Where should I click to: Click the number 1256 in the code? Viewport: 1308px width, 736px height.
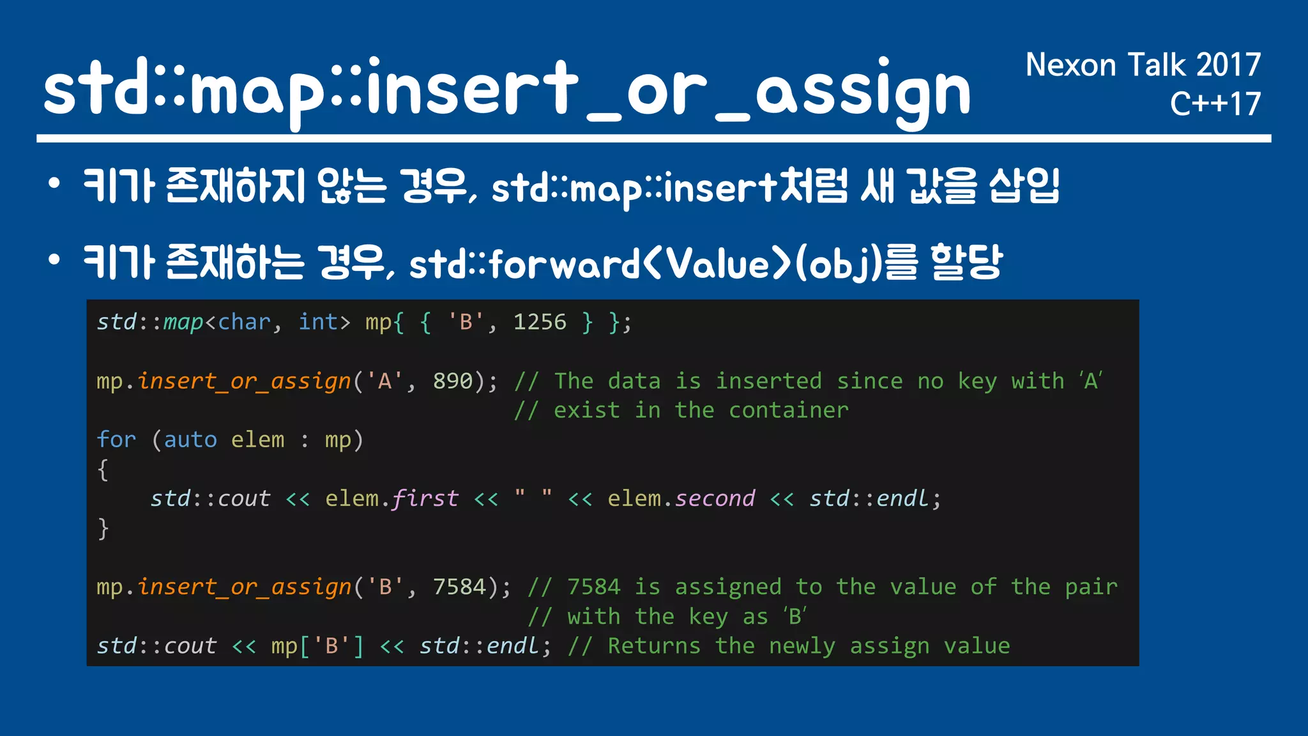pyautogui.click(x=540, y=322)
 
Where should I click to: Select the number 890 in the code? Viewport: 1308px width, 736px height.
pyautogui.click(x=453, y=381)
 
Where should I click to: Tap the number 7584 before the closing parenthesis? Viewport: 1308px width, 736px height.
pyautogui.click(x=459, y=587)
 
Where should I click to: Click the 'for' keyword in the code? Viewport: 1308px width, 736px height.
pyautogui.click(x=116, y=440)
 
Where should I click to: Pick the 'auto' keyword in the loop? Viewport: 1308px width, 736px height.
pyautogui.click(x=190, y=440)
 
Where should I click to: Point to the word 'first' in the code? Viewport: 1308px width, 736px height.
pyautogui.click(x=425, y=499)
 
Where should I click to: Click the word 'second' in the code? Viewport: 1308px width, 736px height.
pyautogui.click(x=715, y=499)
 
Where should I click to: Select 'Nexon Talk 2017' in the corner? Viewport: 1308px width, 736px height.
pyautogui.click(x=1143, y=65)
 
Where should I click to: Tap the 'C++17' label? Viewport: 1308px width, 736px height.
pyautogui.click(x=1215, y=104)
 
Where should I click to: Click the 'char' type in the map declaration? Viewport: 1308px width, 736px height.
pyautogui.click(x=245, y=322)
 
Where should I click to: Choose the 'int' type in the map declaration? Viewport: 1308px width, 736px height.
pyautogui.click(x=318, y=322)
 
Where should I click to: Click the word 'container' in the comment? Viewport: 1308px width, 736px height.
pyautogui.click(x=789, y=411)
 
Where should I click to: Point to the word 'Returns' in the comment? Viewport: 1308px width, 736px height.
pyautogui.click(x=654, y=647)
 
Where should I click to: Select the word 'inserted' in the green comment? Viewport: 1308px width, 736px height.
pyautogui.click(x=768, y=381)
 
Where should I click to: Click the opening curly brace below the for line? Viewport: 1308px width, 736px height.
pyautogui.click(x=103, y=470)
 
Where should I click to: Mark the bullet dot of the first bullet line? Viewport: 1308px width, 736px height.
pyautogui.click(x=54, y=185)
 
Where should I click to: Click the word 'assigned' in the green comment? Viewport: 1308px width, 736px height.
pyautogui.click(x=728, y=587)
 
